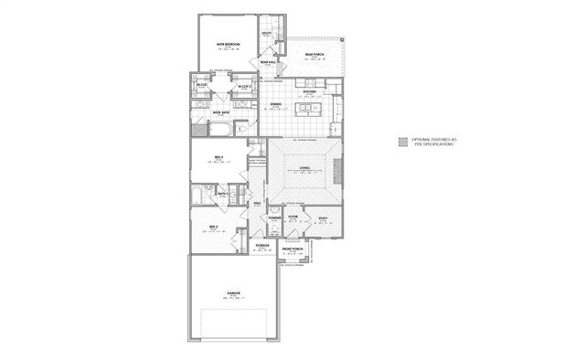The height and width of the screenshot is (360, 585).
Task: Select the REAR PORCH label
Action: [x=313, y=54]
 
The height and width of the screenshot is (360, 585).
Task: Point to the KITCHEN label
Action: [x=309, y=92]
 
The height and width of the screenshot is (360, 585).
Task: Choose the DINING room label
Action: [x=275, y=105]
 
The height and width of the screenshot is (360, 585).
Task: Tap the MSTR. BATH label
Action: [x=220, y=113]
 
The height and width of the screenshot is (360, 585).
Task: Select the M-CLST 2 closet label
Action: [x=244, y=87]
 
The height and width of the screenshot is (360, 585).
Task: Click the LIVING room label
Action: [x=304, y=168]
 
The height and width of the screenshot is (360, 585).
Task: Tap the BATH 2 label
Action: [x=222, y=193]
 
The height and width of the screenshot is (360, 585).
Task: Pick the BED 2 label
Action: [x=213, y=224]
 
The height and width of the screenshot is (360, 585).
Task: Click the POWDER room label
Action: [x=273, y=218]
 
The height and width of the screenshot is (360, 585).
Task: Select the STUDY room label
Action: [x=322, y=217]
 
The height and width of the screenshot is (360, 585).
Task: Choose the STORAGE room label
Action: [x=261, y=245]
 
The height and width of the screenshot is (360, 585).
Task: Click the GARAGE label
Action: [x=233, y=292]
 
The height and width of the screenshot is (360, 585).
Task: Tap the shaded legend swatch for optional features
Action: [x=402, y=142]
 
